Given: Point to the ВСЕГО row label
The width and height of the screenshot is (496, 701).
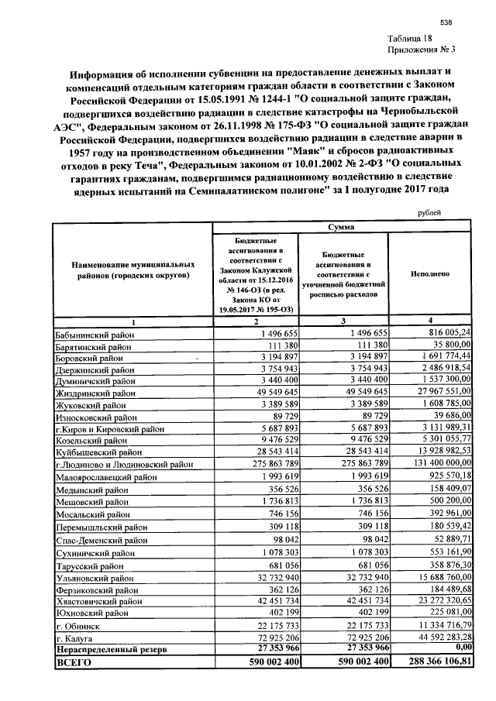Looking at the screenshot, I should pyautogui.click(x=74, y=664).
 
